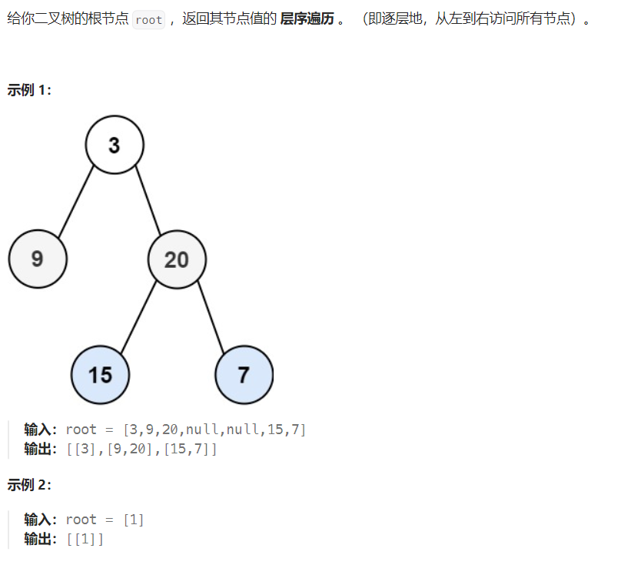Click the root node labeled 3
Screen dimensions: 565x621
click(x=115, y=145)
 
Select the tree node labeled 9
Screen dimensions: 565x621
click(x=38, y=259)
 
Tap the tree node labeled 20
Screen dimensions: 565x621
click(x=177, y=259)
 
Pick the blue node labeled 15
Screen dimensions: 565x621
click(x=100, y=375)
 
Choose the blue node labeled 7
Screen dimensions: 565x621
click(x=244, y=375)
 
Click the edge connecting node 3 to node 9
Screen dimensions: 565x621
click(x=76, y=201)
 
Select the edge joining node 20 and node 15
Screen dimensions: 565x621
click(x=139, y=316)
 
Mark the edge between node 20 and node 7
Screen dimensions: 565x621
click(x=210, y=317)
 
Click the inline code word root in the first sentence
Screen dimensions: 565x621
click(x=148, y=20)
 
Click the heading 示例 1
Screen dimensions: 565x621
click(x=29, y=90)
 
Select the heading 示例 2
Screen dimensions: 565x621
click(x=29, y=485)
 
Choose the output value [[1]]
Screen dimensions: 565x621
click(x=85, y=540)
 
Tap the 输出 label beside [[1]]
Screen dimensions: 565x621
click(x=42, y=540)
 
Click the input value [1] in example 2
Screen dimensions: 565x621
click(x=134, y=520)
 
